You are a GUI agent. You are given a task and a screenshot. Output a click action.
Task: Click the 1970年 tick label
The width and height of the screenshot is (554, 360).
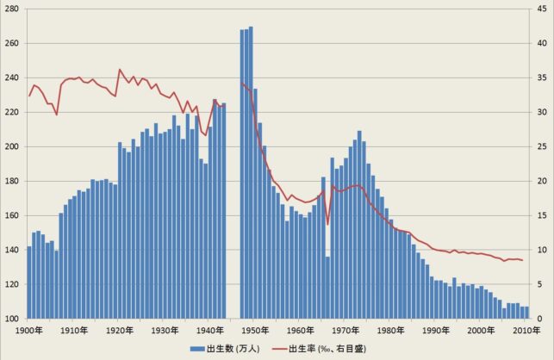pyautogui.click(x=345, y=330)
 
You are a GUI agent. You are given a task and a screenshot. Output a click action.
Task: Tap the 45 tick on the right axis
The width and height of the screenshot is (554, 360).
pyautogui.click(x=540, y=9)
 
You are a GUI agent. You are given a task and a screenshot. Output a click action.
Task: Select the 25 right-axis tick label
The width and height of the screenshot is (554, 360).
pyautogui.click(x=540, y=146)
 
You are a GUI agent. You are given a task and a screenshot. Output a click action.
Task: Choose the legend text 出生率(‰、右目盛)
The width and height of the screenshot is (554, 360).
pyautogui.click(x=327, y=349)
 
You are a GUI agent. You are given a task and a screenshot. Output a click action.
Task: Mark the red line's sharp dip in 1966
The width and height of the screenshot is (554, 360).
pyautogui.click(x=328, y=225)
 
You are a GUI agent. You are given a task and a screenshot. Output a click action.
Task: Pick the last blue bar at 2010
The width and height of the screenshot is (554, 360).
pyautogui.click(x=526, y=313)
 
